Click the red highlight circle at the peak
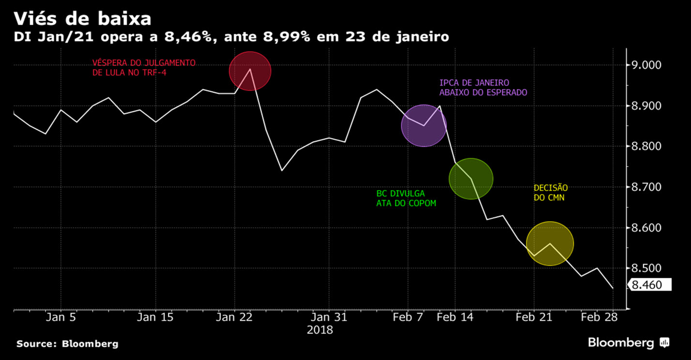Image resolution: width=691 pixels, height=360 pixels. (250, 71)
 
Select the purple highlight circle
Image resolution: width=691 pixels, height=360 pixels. (424, 125)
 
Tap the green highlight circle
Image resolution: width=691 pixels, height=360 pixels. (471, 179)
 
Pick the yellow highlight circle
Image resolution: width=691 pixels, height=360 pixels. (550, 243)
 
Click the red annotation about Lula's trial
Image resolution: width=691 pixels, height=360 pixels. (144, 68)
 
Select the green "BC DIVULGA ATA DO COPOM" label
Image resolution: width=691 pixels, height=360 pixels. (406, 198)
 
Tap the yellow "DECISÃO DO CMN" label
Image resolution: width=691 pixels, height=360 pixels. (551, 193)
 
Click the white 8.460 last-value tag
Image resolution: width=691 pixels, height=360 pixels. (649, 285)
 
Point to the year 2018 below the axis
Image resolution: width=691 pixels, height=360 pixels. (320, 330)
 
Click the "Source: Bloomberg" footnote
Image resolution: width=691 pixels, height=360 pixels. (67, 344)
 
